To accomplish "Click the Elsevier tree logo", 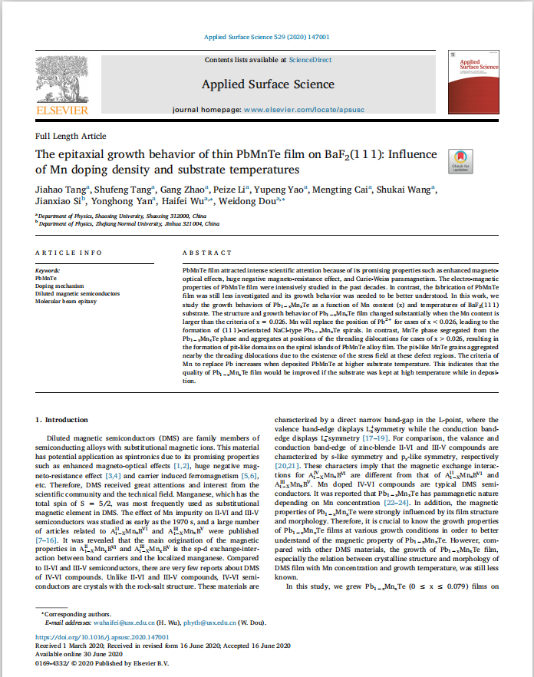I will (x=62, y=82).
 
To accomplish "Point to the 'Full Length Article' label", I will (x=71, y=136).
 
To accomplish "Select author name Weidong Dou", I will (x=259, y=202).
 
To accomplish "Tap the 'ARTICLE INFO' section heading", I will (x=68, y=253).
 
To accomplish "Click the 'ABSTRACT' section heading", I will (x=206, y=253).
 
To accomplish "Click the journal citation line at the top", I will (x=266, y=37).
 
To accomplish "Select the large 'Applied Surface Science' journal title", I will (x=268, y=84).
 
